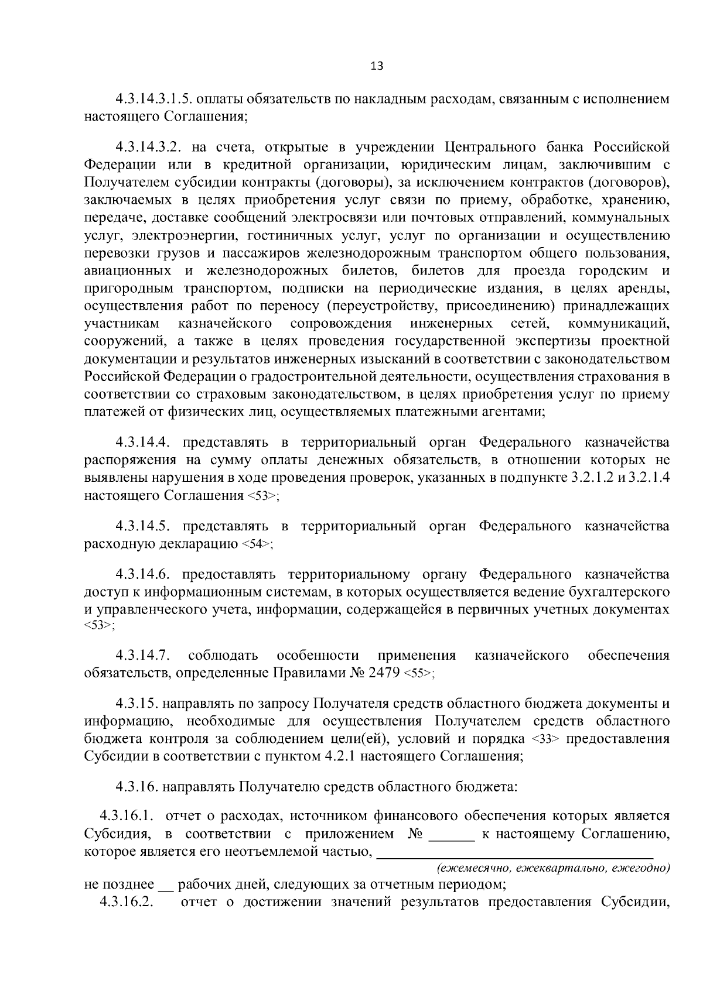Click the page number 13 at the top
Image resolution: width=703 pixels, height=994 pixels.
coord(377,66)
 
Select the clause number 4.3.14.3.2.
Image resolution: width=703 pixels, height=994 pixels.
coord(150,146)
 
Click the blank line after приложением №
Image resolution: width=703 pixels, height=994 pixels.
coord(452,835)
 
